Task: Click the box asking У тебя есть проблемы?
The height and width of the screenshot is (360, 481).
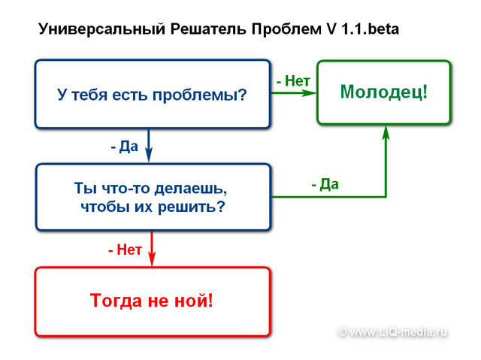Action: (x=153, y=95)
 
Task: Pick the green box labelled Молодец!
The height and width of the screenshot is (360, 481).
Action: (x=384, y=92)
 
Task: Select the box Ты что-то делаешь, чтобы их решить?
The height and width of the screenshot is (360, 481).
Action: (x=153, y=195)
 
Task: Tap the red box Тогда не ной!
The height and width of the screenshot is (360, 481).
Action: (x=152, y=301)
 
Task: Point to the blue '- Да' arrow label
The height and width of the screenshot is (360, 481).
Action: (x=125, y=146)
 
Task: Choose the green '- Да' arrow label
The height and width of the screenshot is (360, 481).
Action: (x=325, y=184)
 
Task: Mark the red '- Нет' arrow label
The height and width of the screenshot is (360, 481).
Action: (x=125, y=250)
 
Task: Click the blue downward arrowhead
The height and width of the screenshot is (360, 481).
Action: (x=148, y=156)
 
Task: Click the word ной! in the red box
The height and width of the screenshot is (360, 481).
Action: (x=197, y=301)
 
